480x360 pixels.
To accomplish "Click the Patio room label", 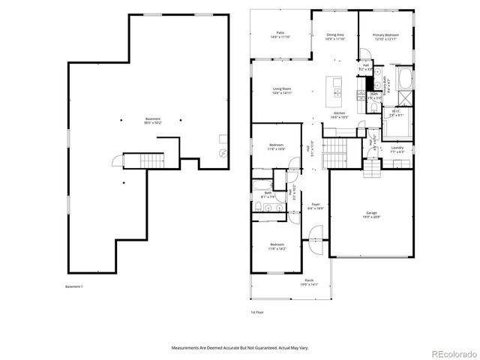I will tap(280, 34).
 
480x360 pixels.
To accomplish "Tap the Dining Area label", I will tap(335, 35).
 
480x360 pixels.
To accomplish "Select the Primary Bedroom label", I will tap(386, 35).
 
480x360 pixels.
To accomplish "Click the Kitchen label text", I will tap(339, 115).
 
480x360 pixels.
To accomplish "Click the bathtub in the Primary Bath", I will tap(405, 78).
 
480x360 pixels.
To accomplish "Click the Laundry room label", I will tap(397, 149).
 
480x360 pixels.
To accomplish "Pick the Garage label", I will tap(371, 214).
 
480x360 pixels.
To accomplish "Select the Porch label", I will tap(289, 283).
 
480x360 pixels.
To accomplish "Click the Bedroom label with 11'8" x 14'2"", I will tap(277, 245).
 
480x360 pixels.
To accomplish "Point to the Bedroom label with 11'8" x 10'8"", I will tap(277, 147).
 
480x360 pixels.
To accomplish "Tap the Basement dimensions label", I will tap(153, 121).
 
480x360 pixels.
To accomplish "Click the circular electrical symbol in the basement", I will tap(222, 153).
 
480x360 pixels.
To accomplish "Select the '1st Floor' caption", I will tap(257, 311).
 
